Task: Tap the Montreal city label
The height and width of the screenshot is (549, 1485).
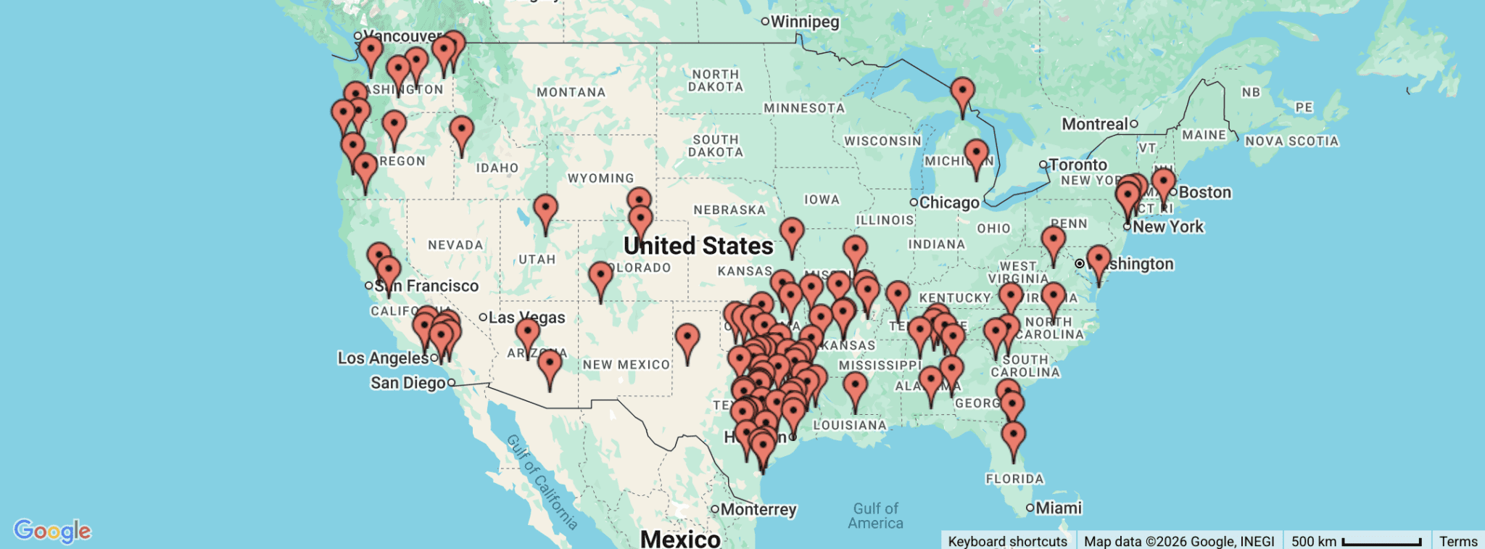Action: (x=1094, y=124)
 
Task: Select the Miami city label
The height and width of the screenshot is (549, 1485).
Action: (x=1058, y=508)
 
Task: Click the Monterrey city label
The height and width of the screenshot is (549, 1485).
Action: (x=758, y=509)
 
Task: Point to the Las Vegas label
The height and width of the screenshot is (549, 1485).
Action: (x=526, y=318)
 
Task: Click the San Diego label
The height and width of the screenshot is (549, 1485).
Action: (x=408, y=383)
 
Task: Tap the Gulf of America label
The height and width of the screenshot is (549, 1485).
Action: (x=876, y=516)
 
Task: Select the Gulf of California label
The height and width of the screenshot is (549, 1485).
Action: (x=542, y=482)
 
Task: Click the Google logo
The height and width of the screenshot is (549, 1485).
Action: (x=52, y=531)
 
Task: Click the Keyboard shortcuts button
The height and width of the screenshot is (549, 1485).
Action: (x=1007, y=541)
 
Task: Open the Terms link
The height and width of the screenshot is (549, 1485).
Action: (x=1458, y=541)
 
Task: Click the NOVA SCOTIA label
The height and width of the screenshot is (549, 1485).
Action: (x=1291, y=141)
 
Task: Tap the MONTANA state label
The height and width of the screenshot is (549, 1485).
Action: (x=571, y=92)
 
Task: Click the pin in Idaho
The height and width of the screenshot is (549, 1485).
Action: (x=462, y=132)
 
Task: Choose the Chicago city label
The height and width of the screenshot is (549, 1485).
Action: (x=948, y=202)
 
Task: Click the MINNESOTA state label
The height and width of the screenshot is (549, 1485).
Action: (x=804, y=108)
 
